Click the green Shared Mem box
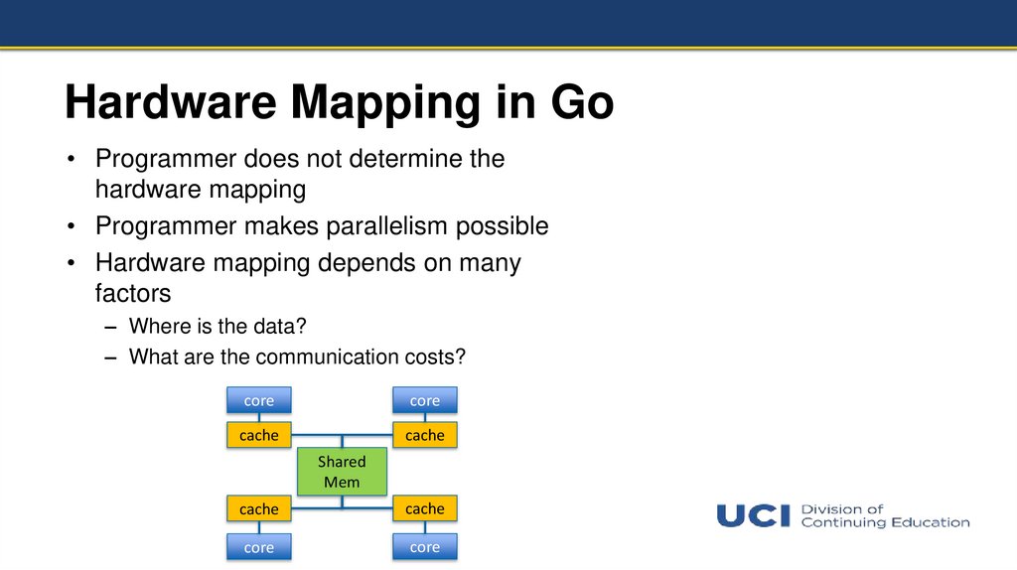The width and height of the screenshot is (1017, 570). [x=342, y=472]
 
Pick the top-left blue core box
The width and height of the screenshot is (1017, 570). [x=258, y=400]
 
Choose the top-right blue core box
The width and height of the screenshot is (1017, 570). [x=424, y=400]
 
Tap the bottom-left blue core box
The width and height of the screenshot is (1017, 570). [x=258, y=547]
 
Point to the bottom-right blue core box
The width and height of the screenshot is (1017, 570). [x=424, y=547]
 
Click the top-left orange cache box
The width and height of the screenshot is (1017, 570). [x=258, y=435]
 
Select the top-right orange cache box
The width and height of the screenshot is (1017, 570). [x=424, y=435]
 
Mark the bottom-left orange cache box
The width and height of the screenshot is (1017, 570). [x=258, y=509]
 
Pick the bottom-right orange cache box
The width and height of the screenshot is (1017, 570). [x=424, y=508]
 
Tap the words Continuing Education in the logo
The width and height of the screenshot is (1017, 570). [x=885, y=522]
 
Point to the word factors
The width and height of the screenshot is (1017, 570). [x=133, y=294]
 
